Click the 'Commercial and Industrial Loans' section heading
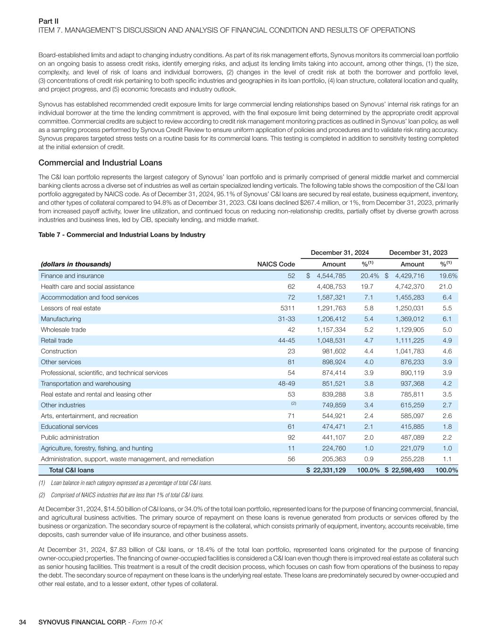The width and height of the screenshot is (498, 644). (x=100, y=163)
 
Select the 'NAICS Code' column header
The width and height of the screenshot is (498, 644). (x=276, y=264)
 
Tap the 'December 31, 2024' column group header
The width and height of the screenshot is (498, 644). (x=339, y=253)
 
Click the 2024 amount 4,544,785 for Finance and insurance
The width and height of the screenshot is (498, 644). (x=331, y=276)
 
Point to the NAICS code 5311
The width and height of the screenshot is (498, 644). (x=287, y=308)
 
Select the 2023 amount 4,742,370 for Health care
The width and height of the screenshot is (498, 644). (x=409, y=287)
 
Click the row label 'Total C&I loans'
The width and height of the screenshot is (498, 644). (x=71, y=470)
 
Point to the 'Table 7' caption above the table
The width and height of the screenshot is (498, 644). (x=122, y=234)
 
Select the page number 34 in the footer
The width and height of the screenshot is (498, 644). (x=22, y=622)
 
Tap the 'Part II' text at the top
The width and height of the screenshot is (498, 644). (x=48, y=21)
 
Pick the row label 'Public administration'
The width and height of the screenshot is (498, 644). (x=70, y=437)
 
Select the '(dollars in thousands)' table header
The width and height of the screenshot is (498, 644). (x=76, y=264)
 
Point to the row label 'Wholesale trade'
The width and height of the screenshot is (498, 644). (x=63, y=330)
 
